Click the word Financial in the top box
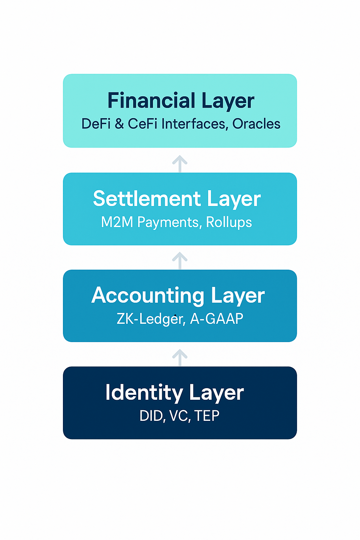pyautogui.click(x=151, y=101)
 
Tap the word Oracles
pyautogui.click(x=256, y=124)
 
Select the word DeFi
pyautogui.click(x=96, y=124)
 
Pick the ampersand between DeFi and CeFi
pyautogui.click(x=119, y=124)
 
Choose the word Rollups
pyautogui.click(x=229, y=222)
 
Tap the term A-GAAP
pyautogui.click(x=217, y=319)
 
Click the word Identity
pyautogui.click(x=144, y=392)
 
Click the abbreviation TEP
pyautogui.click(x=207, y=416)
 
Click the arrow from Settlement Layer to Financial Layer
pyautogui.click(x=180, y=163)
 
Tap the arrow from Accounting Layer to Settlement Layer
pyautogui.click(x=180, y=261)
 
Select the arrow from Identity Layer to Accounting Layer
pyautogui.click(x=180, y=358)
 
